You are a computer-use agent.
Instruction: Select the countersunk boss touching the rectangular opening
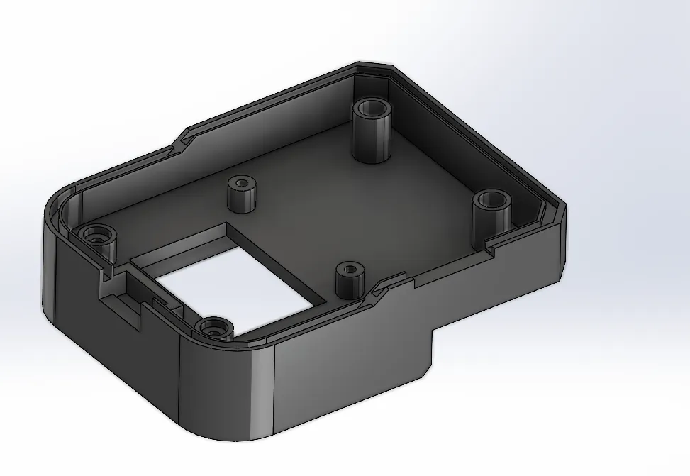(213, 328)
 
